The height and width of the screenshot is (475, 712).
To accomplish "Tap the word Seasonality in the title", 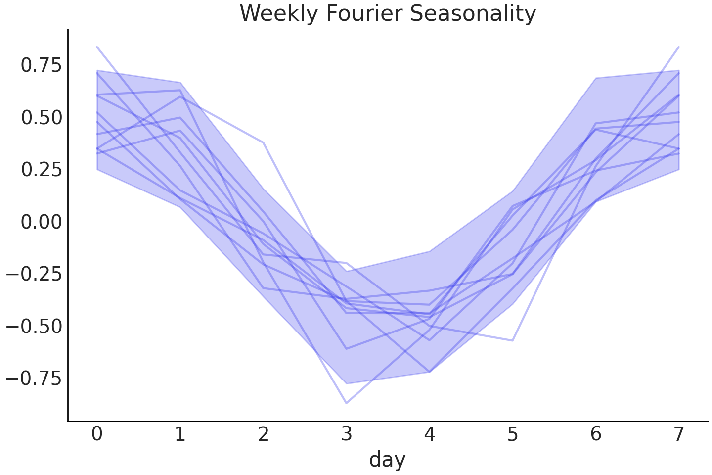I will click(x=473, y=14).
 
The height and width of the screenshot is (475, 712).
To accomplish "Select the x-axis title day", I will click(x=387, y=460).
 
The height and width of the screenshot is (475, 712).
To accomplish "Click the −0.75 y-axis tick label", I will click(x=34, y=379).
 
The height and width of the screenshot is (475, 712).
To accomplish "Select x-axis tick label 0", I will click(x=97, y=434).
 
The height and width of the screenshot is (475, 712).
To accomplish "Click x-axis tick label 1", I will click(x=180, y=434).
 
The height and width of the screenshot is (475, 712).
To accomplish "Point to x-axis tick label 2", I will click(x=264, y=434).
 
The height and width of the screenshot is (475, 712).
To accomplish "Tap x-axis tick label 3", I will click(x=347, y=434).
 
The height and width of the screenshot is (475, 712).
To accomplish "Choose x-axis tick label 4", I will click(x=430, y=434).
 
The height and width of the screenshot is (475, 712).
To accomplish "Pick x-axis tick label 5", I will click(x=513, y=434).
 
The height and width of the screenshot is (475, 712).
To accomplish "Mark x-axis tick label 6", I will click(x=596, y=434).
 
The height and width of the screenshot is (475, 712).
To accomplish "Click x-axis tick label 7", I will click(x=679, y=434).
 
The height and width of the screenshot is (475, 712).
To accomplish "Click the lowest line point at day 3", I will click(x=346, y=403).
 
